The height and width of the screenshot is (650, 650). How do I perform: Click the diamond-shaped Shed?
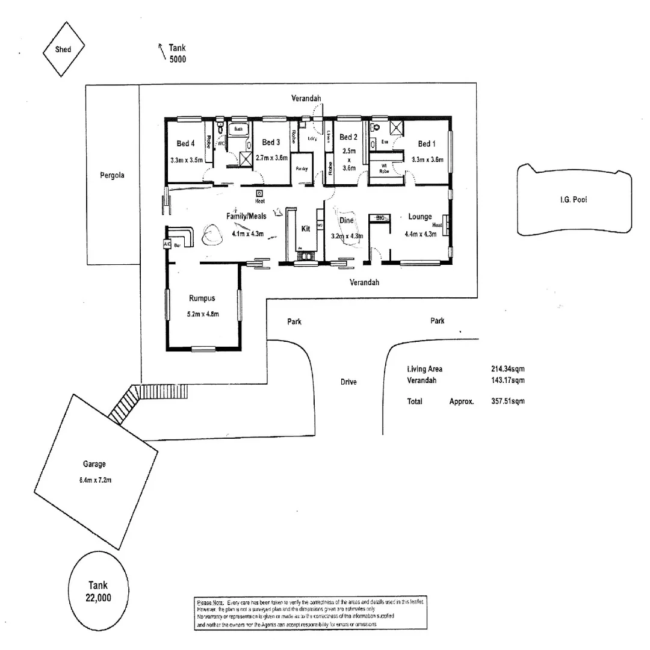pos(63,49)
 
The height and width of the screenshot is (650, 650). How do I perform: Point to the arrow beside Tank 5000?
pos(161,51)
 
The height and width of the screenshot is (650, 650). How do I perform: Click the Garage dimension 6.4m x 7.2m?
pos(94,480)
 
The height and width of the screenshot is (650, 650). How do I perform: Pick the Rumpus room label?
pos(202,299)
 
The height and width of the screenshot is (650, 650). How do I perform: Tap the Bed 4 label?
pos(186,144)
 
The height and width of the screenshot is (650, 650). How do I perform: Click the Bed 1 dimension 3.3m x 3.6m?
pos(427,160)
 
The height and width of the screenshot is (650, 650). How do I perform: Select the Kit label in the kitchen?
pos(306,229)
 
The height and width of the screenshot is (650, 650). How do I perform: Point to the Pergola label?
pos(113,176)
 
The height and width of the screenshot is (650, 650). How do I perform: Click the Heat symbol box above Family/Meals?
pos(259,194)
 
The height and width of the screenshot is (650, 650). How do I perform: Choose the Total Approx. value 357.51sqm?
pos(508,401)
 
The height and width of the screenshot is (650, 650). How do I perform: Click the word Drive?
pos(348,382)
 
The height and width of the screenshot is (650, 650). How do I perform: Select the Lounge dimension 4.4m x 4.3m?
pos(420,235)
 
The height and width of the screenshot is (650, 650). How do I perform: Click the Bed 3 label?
pos(271,143)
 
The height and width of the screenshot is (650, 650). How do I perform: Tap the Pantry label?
pos(302,169)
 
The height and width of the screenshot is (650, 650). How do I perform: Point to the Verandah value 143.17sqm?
pos(508,380)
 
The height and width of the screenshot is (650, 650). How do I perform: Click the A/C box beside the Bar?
pos(167,245)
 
